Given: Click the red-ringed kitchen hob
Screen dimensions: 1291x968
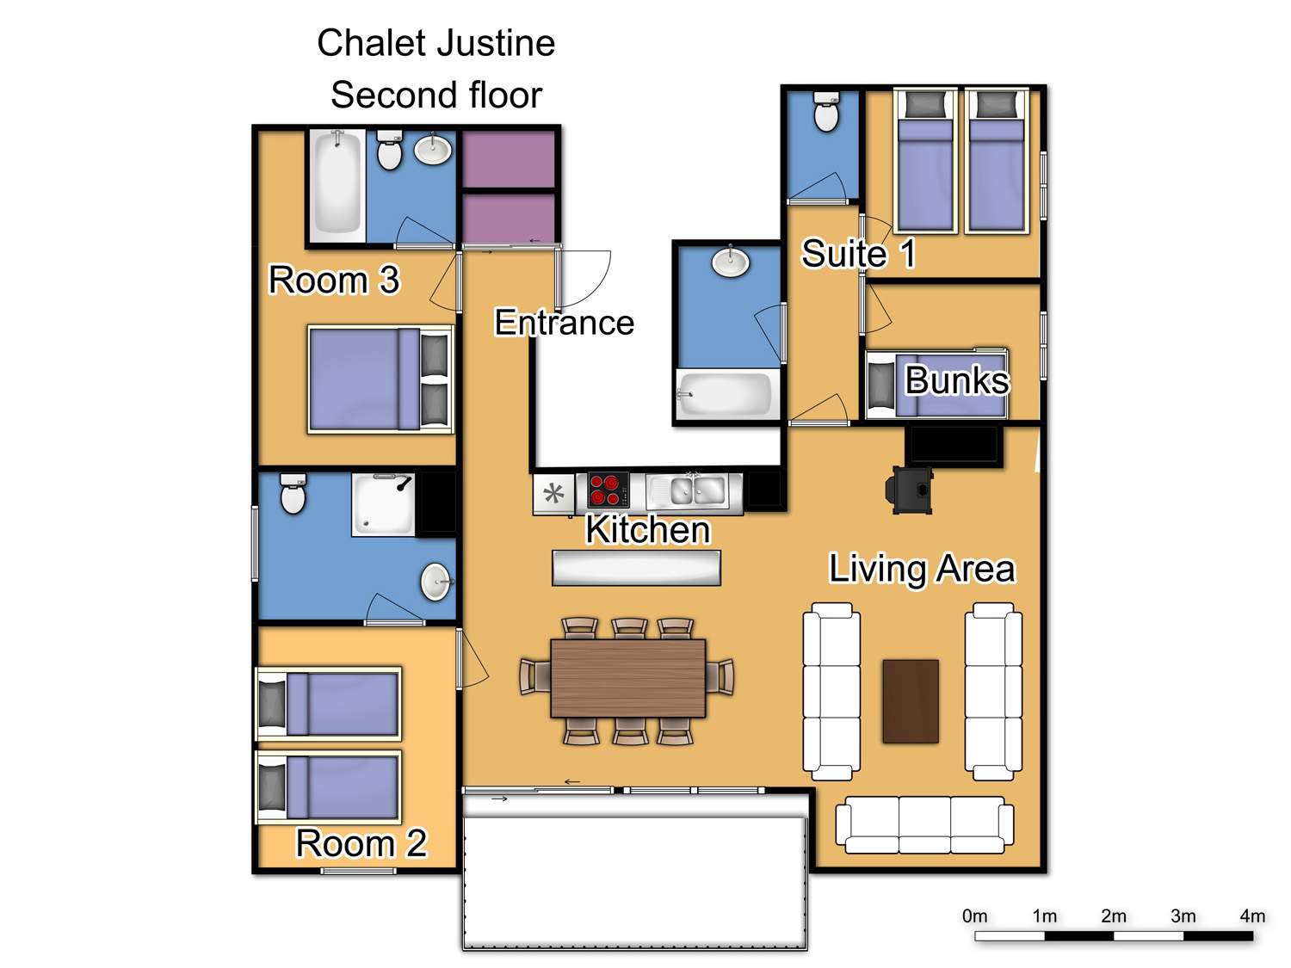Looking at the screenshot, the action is tap(608, 490).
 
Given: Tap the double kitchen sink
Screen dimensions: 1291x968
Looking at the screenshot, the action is tap(687, 491).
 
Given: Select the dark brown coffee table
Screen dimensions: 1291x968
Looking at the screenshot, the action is tap(910, 701).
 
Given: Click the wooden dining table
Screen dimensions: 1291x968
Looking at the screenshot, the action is tap(627, 678).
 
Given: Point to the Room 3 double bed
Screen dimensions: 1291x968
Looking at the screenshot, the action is tap(380, 379).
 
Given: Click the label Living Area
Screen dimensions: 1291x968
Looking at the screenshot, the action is tap(921, 569).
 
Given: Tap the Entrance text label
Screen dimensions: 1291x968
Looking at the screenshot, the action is tap(564, 322).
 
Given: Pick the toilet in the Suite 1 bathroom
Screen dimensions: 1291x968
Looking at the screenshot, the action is tap(825, 111).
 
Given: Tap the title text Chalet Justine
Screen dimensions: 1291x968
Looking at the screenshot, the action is tap(435, 43).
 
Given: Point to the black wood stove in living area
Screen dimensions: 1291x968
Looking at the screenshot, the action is tap(909, 490).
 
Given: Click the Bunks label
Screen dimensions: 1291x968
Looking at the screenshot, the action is tap(956, 379).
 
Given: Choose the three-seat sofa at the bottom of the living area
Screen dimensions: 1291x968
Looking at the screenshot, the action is tap(924, 824).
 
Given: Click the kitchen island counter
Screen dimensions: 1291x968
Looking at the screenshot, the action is tap(636, 568).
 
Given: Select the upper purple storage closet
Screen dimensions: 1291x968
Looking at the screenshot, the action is tap(508, 158).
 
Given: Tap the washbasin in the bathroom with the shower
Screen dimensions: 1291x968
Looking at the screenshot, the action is tap(435, 582).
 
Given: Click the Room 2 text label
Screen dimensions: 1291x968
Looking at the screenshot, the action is tap(361, 843).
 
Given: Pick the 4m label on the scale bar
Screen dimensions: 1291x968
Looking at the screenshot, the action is tap(1251, 916).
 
